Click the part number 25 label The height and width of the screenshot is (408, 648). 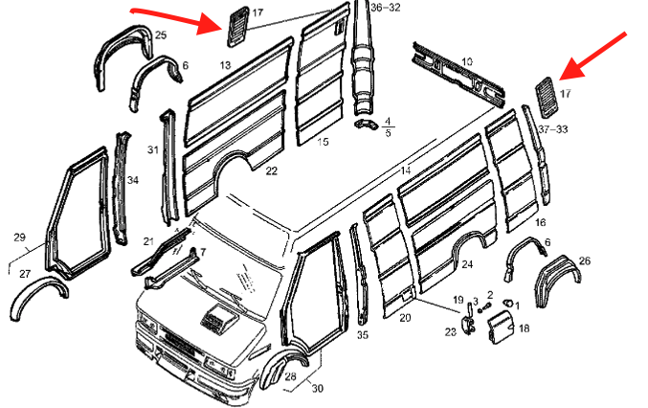pyautogui.click(x=160, y=35)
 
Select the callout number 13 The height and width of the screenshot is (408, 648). pyautogui.click(x=225, y=65)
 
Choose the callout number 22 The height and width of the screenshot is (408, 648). pyautogui.click(x=272, y=170)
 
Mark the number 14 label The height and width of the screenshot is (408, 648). pyautogui.click(x=406, y=170)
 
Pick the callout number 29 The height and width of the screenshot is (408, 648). pyautogui.click(x=19, y=238)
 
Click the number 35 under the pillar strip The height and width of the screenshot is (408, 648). pyautogui.click(x=363, y=335)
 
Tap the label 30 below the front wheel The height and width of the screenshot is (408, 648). pyautogui.click(x=317, y=388)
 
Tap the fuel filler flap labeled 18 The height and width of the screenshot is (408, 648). pyautogui.click(x=498, y=329)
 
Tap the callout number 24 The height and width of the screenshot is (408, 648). pyautogui.click(x=466, y=264)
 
